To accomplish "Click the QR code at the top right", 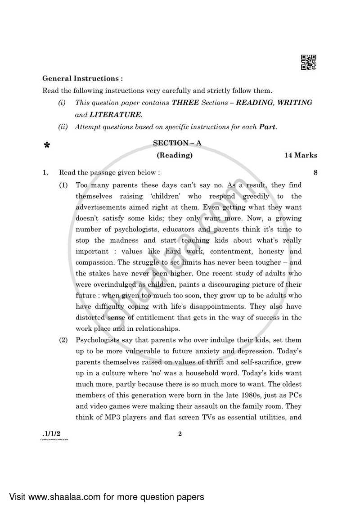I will pyautogui.click(x=309, y=63).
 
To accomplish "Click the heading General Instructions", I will pyautogui.click(x=82, y=78).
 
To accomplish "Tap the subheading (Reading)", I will pyautogui.click(x=175, y=155).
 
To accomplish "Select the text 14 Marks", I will pyautogui.click(x=300, y=155).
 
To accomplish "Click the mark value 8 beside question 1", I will pyautogui.click(x=315, y=172).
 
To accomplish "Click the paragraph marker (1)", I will pyautogui.click(x=63, y=185).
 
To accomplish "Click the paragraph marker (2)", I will pyautogui.click(x=63, y=340).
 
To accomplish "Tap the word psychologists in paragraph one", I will pyautogui.click(x=123, y=229).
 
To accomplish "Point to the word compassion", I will pyautogui.click(x=94, y=262).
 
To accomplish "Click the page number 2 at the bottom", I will pyautogui.click(x=180, y=434).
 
